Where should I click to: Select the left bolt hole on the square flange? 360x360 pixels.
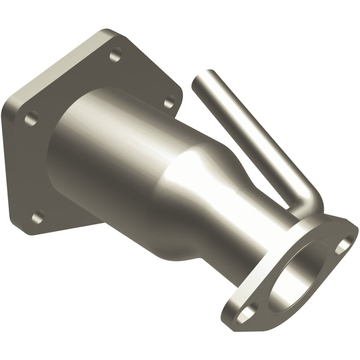click(31, 118)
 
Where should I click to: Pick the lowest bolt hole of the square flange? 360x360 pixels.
click(37, 217)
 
